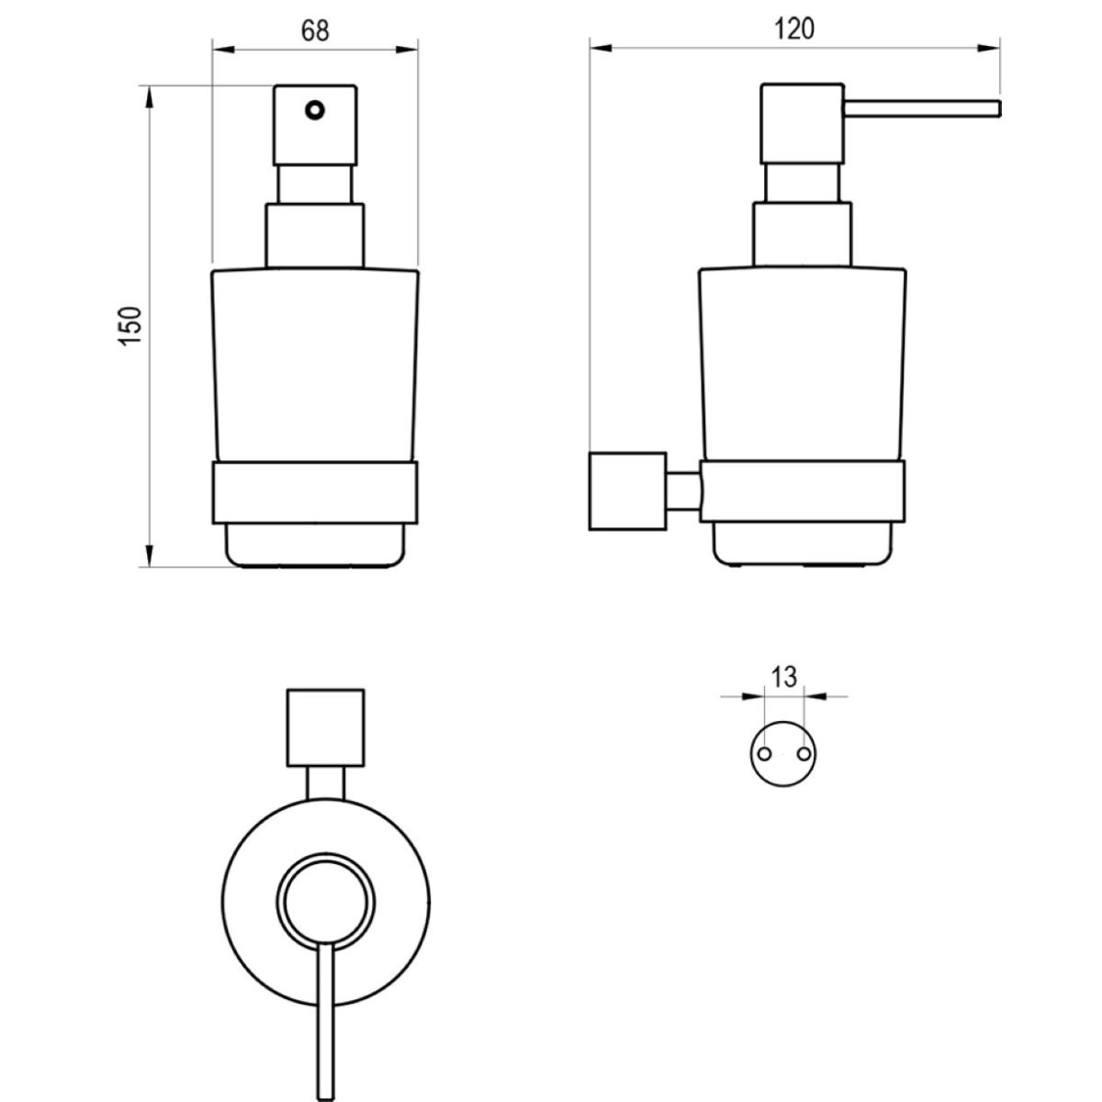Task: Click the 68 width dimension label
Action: (x=315, y=30)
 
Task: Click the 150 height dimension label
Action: (x=131, y=325)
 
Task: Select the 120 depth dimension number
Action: (x=794, y=28)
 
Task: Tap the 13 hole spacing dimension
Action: (x=784, y=677)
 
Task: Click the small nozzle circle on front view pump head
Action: (x=315, y=110)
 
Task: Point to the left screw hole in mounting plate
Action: (x=764, y=754)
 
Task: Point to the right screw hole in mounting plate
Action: (x=804, y=754)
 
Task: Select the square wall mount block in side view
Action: (x=627, y=490)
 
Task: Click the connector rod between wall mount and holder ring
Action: (x=683, y=490)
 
